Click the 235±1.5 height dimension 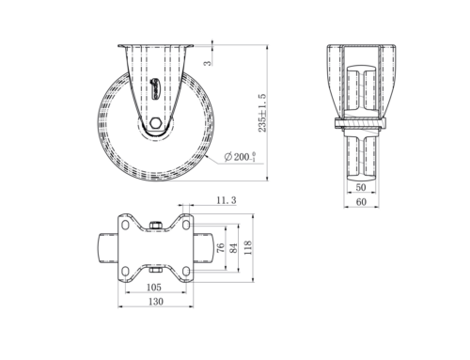coord(262,113)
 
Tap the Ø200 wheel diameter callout coord(241,156)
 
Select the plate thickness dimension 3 coord(208,63)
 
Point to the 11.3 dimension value coord(227,200)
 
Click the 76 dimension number coord(221,247)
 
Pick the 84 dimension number coord(233,247)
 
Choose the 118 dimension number coord(248,247)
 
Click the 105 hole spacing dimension coord(154,287)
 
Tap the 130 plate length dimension coord(156,302)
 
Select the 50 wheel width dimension coord(361,187)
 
